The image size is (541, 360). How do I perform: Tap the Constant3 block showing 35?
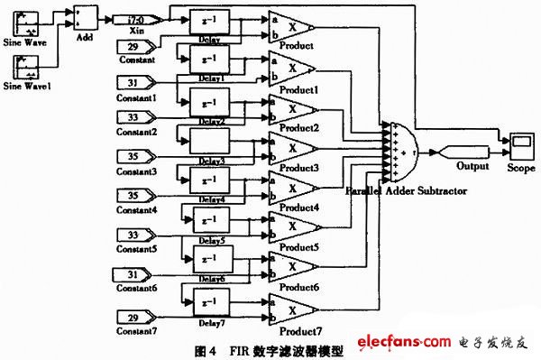click(x=134, y=156)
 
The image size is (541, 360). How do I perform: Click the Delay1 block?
click(x=208, y=62)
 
